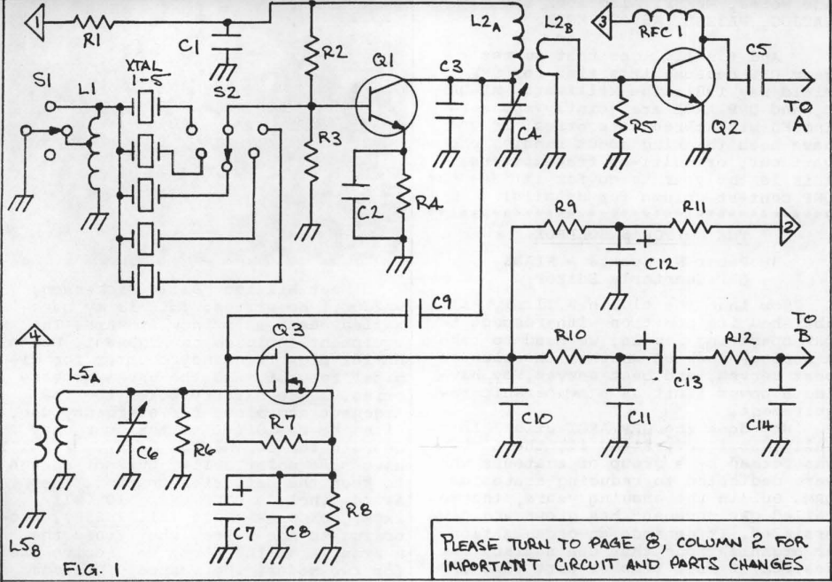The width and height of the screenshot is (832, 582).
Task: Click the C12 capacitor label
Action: click(656, 263)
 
